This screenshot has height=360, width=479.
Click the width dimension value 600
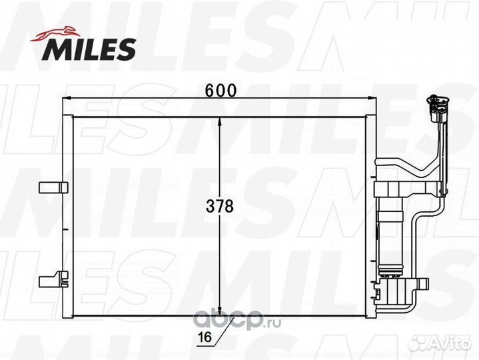pos(221,90)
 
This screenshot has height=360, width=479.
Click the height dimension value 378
pos(220,206)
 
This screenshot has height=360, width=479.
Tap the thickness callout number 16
pos(205,337)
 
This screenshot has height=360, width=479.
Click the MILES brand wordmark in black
pos(89,49)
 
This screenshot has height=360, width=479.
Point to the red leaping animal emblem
pos(55,34)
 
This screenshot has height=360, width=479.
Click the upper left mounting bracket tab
pos(53,187)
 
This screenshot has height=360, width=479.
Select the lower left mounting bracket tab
pos(54,279)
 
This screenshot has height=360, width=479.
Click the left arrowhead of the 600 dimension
pos(67,99)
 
